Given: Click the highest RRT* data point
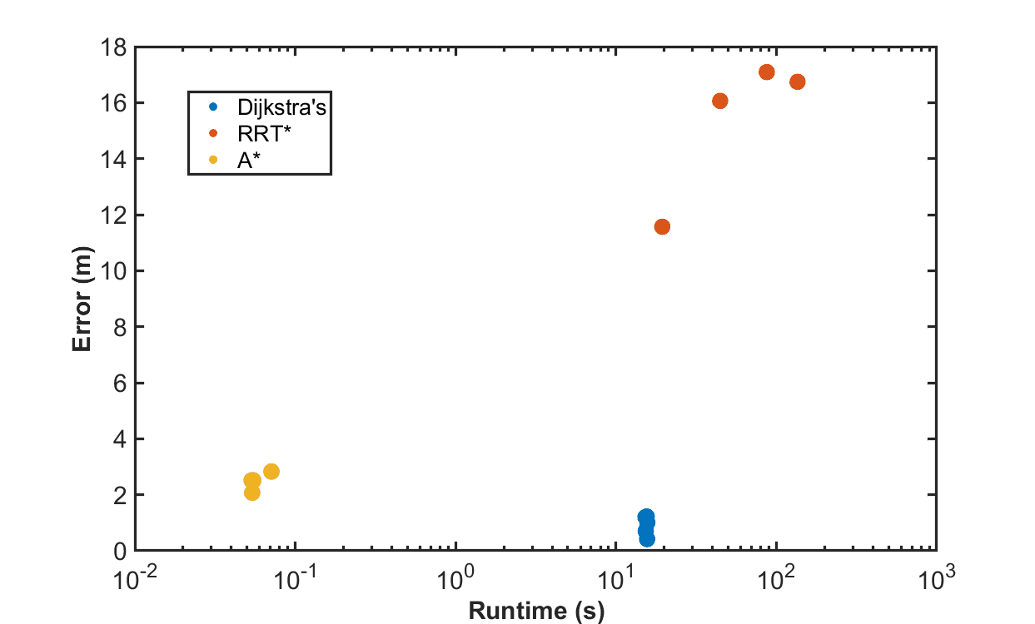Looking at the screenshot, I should coord(767,72).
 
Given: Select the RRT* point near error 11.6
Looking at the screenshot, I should coord(662,226).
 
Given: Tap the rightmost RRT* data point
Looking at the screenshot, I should coord(797,82).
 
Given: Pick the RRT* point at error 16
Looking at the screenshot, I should coord(720,101).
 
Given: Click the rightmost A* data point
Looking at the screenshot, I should coord(271,472).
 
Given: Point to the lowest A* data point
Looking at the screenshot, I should coord(252,493).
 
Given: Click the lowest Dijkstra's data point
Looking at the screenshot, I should coord(647,539).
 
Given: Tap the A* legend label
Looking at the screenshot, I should coord(246,161).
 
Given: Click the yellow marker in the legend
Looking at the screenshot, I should coord(213,161).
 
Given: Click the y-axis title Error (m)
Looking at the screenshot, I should coord(82,299).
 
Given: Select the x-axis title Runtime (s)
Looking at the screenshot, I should coord(535,612).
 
